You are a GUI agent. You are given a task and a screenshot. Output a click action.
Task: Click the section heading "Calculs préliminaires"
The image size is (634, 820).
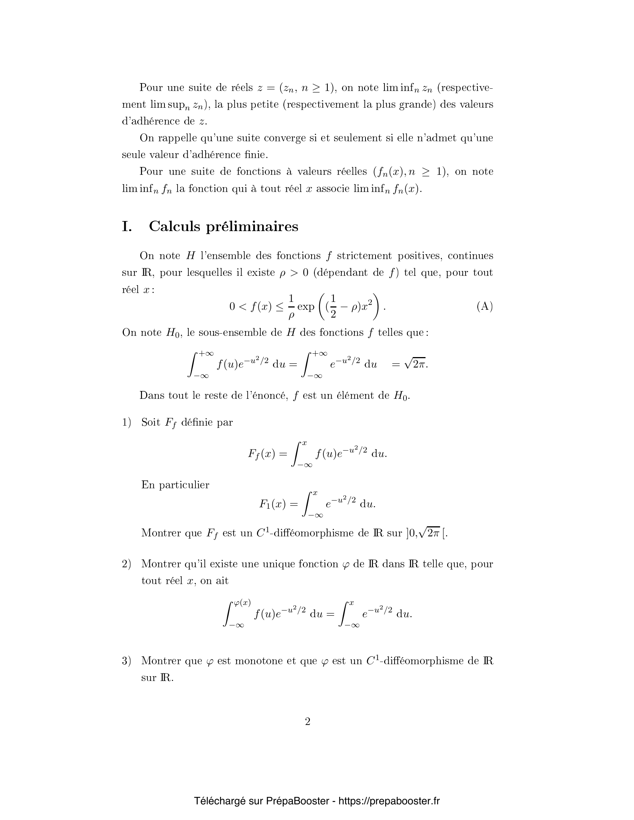point(223,227)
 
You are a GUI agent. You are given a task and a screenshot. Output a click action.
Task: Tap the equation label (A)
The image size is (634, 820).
point(484,307)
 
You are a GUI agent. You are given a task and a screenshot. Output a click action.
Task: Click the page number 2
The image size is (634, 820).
point(308,722)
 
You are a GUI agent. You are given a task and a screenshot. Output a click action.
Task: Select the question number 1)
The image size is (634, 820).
point(126,422)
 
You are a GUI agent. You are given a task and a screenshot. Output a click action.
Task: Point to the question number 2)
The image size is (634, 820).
point(126,564)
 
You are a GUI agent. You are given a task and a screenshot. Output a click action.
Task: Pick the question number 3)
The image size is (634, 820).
point(126,661)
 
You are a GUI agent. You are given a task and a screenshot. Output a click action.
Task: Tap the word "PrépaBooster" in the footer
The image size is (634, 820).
point(298,801)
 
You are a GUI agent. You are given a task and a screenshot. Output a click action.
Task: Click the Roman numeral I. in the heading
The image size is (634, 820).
point(127,227)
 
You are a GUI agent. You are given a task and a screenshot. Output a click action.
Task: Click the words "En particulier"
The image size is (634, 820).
point(175,485)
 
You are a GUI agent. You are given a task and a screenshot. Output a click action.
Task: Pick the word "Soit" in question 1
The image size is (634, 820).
point(151,422)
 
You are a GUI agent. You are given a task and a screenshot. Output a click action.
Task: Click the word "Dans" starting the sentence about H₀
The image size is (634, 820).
point(152,395)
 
